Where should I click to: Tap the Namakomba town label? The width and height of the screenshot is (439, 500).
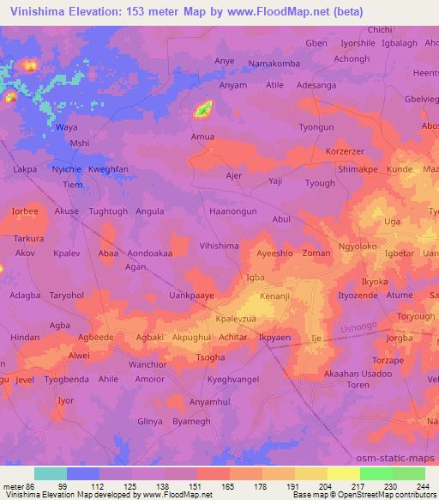point(275,64)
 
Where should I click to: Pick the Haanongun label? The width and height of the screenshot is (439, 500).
point(232,210)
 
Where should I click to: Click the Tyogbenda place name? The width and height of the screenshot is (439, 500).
point(66,379)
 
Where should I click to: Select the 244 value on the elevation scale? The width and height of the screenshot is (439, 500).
point(423,486)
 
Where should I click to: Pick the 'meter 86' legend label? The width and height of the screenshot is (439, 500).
point(17,486)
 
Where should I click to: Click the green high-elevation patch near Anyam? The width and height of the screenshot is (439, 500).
point(204,108)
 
